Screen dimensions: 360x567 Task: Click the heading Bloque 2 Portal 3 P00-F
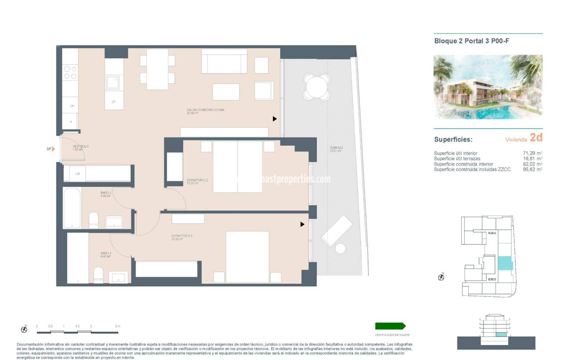471,41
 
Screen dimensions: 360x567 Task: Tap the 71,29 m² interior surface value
532,153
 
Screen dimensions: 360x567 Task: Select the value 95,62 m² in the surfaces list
532,169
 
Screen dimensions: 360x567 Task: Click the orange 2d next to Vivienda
536,137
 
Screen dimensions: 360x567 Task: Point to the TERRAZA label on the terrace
336,148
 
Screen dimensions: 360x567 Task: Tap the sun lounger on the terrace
337,230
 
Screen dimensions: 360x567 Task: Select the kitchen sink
113,83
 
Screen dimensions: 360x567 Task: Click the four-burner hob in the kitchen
70,72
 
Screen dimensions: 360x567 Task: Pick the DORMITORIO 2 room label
197,180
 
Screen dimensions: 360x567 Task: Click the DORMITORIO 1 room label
181,236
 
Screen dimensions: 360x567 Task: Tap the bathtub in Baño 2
72,208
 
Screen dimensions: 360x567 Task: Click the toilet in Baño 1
98,276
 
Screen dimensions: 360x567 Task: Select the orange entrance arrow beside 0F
53,149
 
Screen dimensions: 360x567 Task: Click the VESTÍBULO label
80,146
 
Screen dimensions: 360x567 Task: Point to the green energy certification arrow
390,326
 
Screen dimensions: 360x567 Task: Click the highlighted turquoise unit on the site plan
505,263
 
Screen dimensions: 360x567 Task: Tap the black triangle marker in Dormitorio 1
302,224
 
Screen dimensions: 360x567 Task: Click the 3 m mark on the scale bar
117,326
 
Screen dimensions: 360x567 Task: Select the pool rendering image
488,87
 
